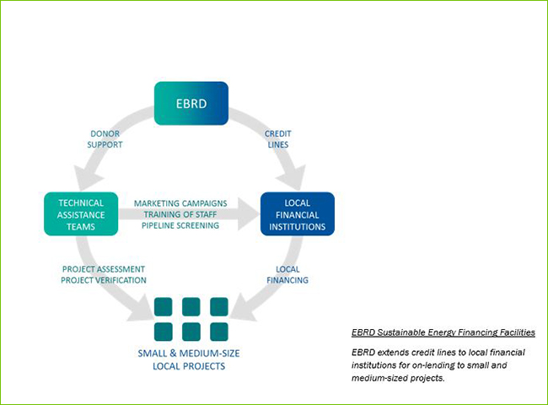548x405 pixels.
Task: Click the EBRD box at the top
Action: pyautogui.click(x=191, y=103)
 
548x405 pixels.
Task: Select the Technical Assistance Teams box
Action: pyautogui.click(x=81, y=214)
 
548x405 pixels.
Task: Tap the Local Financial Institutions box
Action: pyautogui.click(x=298, y=214)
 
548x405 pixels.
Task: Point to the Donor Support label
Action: pyautogui.click(x=106, y=139)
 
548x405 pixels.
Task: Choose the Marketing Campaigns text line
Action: pyautogui.click(x=180, y=203)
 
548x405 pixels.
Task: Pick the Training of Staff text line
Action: pyautogui.click(x=180, y=214)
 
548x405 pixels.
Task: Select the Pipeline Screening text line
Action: pyautogui.click(x=180, y=225)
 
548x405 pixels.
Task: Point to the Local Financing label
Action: pyautogui.click(x=287, y=273)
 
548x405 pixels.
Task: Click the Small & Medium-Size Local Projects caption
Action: pyautogui.click(x=193, y=359)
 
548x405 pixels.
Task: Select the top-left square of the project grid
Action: pyautogui.click(x=164, y=305)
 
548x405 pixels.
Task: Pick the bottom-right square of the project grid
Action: pyautogui.click(x=219, y=330)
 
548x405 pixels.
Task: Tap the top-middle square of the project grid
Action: pyautogui.click(x=191, y=305)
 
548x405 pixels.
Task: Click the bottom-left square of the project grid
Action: pyautogui.click(x=164, y=330)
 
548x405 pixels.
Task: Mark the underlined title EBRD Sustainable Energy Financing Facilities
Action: pyautogui.click(x=443, y=333)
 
